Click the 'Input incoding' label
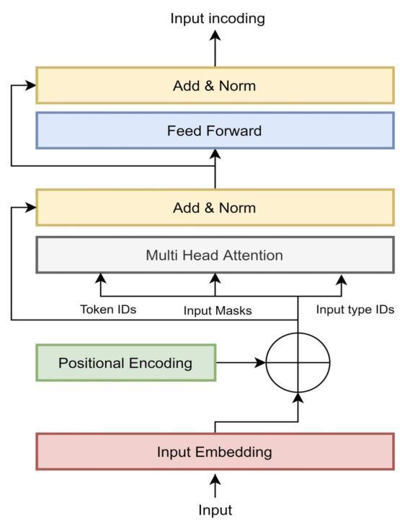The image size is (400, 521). tap(218, 19)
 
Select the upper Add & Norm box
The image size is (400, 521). tap(215, 85)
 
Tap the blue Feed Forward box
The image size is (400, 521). tap(215, 131)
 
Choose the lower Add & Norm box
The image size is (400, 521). tap(215, 208)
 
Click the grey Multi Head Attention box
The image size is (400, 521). tap(215, 255)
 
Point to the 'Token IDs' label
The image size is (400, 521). tap(108, 310)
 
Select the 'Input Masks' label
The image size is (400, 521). tap(218, 311)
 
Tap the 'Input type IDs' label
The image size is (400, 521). tap(355, 310)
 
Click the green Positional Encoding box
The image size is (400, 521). tap(126, 363)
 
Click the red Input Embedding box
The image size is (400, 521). tap(215, 452)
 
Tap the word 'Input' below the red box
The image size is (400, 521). tap(215, 510)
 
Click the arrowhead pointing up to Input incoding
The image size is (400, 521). tap(215, 36)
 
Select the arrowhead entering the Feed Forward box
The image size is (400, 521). tap(215, 154)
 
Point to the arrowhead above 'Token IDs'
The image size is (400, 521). tap(101, 279)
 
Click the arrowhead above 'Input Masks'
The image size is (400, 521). tap(215, 279)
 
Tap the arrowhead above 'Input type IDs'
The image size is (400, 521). tap(341, 281)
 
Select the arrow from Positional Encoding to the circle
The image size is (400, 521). tap(241, 362)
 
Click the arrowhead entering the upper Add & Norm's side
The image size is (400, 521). tap(30, 85)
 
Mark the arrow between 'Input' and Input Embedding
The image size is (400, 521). tap(215, 486)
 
